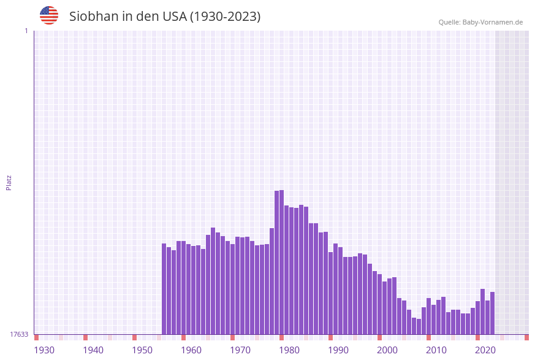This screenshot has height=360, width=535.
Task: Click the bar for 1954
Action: pyautogui.click(x=164, y=289)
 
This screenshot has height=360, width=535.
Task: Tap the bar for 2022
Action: pyautogui.click(x=492, y=313)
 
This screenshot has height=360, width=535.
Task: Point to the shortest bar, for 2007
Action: pyautogui.click(x=419, y=326)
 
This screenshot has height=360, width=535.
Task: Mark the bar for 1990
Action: pyautogui.click(x=335, y=289)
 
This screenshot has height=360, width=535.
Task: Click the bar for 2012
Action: pyautogui.click(x=443, y=315)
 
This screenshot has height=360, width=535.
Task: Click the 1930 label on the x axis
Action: pyautogui.click(x=44, y=350)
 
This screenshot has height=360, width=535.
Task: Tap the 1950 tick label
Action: pyautogui.click(x=142, y=350)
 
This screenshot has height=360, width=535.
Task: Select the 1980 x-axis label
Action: pyautogui.click(x=289, y=350)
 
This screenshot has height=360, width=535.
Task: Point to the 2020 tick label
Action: pyautogui.click(x=485, y=350)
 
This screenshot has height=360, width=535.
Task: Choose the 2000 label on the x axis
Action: pyautogui.click(x=387, y=350)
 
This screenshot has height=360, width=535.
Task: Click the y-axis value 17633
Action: pyautogui.click(x=19, y=334)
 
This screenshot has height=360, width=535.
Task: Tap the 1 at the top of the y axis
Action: pyautogui.click(x=26, y=31)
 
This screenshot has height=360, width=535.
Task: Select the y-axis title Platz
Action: pyautogui.click(x=9, y=182)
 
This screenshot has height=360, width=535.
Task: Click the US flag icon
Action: pyautogui.click(x=49, y=15)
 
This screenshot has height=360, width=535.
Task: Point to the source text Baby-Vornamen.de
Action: pyautogui.click(x=492, y=22)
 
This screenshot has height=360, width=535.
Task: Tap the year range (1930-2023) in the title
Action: pyautogui.click(x=225, y=17)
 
